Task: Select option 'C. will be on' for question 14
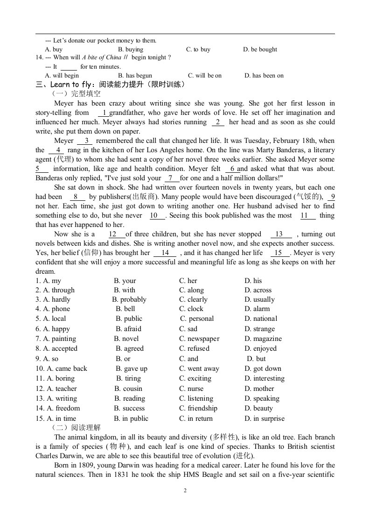click(205, 76)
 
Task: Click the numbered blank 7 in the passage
click(172, 178)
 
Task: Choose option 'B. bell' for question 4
click(126, 309)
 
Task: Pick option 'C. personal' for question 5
click(197, 319)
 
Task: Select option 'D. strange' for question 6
click(261, 329)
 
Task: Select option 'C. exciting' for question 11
click(195, 378)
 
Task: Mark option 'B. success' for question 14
click(130, 408)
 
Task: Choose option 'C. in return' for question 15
click(196, 418)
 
